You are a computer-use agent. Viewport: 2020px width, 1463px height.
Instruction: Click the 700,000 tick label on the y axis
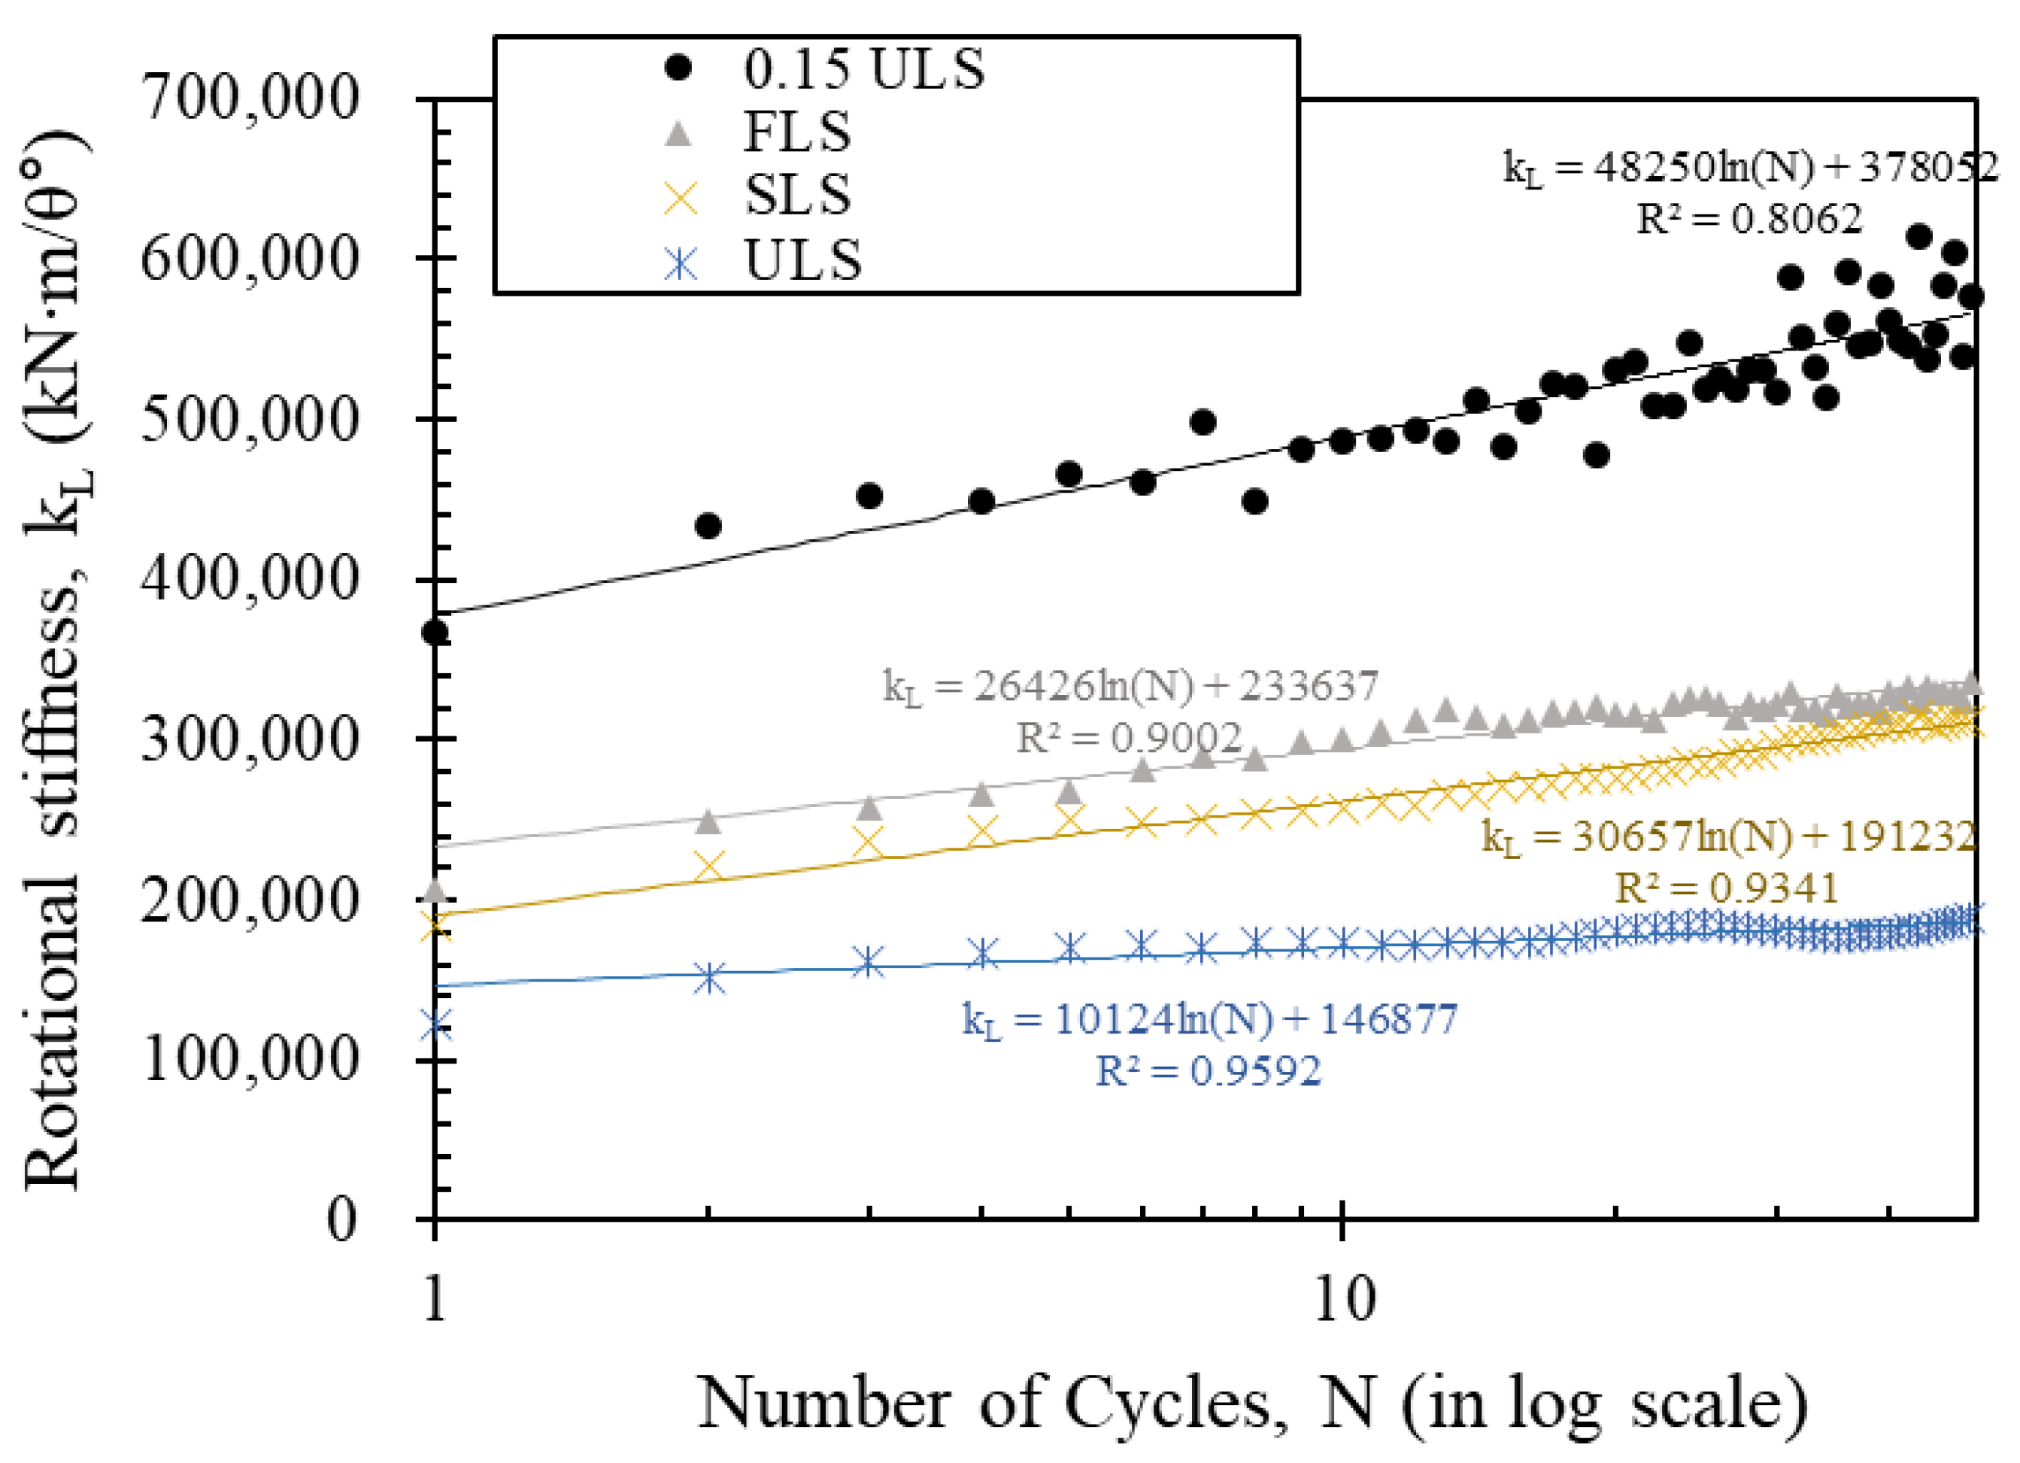tap(250, 97)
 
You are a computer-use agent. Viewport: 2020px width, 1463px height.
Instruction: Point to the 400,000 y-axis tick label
tap(250, 579)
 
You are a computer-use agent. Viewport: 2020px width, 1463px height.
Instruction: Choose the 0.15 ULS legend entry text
tap(864, 68)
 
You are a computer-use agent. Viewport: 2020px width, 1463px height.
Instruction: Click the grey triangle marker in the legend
tap(681, 134)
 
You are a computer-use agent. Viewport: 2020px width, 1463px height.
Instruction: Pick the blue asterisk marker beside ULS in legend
tap(681, 262)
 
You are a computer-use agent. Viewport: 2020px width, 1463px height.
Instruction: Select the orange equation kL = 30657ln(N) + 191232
tap(1728, 836)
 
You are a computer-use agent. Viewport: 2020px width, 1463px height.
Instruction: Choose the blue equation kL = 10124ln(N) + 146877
tap(1209, 1018)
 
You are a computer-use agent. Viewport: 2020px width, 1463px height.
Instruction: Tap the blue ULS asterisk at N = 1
tap(435, 1024)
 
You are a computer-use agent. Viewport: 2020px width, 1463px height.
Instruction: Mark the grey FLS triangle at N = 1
tap(435, 889)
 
